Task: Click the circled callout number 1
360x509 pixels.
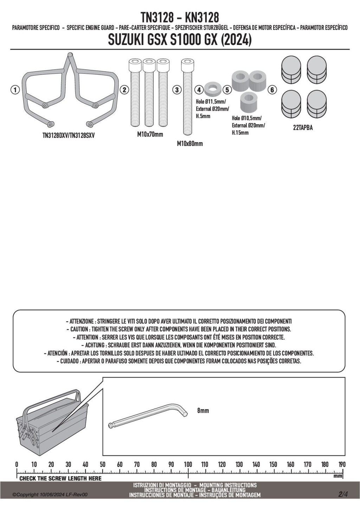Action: [14, 90]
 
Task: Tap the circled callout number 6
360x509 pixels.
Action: [272, 90]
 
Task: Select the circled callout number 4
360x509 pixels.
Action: [199, 90]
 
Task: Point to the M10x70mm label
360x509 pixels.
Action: [150, 134]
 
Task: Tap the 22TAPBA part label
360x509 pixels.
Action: [303, 128]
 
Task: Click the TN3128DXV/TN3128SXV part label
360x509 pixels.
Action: [69, 135]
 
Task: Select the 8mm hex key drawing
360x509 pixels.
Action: [148, 414]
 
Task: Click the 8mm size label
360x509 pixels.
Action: [203, 411]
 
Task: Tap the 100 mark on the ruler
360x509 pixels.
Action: [188, 464]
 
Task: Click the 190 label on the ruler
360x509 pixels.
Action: [342, 464]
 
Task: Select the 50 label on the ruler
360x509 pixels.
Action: [103, 464]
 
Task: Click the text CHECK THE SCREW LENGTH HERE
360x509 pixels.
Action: [60, 478]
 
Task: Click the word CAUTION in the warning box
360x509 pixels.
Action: [79, 329]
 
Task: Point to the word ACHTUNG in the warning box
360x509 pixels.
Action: [95, 345]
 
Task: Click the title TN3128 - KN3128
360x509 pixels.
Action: [180, 17]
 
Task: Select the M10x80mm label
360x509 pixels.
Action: [190, 144]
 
